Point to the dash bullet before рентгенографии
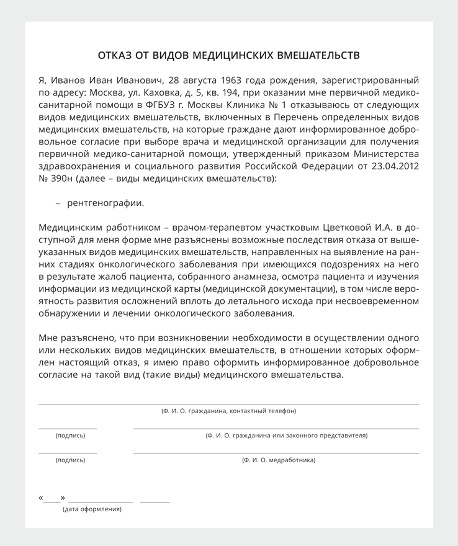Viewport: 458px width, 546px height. click(x=58, y=203)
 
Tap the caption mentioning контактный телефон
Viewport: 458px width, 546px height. click(x=228, y=411)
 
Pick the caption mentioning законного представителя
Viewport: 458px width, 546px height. click(x=286, y=436)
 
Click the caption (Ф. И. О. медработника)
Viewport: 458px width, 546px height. click(x=279, y=460)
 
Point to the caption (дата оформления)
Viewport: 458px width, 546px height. click(x=92, y=509)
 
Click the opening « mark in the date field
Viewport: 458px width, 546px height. click(x=41, y=498)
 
